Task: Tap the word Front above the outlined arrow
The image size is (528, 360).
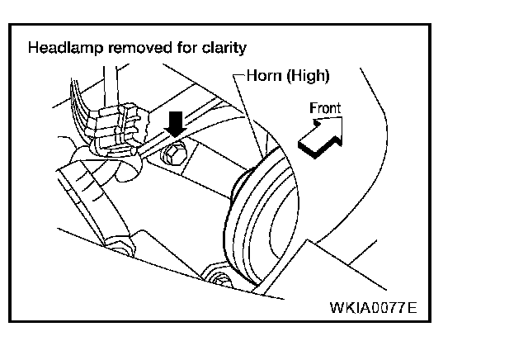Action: pos(324,107)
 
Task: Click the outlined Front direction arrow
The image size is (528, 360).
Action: pos(318,136)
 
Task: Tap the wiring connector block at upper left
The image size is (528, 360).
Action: pos(118,130)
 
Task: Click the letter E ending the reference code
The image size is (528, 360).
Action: pos(412,310)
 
